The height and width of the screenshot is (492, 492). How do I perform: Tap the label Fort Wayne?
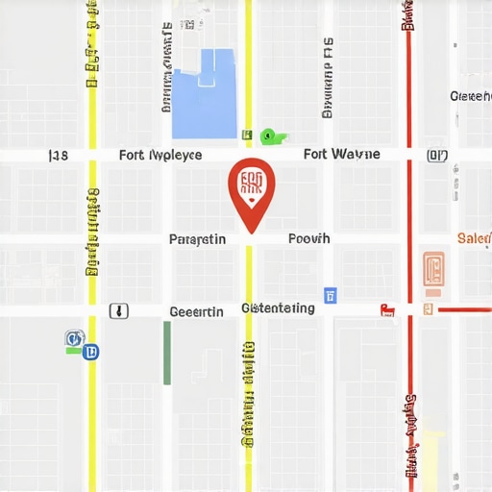[x=341, y=154]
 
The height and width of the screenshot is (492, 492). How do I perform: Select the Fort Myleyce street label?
[x=160, y=155]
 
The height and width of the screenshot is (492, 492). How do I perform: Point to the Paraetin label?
[x=197, y=239]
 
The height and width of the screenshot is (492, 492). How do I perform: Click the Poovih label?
[x=308, y=238]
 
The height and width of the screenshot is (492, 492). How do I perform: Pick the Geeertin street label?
[x=196, y=311]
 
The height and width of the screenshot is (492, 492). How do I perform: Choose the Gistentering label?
[x=279, y=308]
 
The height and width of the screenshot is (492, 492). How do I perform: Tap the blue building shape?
[x=204, y=94]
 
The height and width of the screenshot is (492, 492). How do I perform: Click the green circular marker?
[x=268, y=135]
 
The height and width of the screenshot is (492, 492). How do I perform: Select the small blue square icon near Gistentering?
[x=331, y=295]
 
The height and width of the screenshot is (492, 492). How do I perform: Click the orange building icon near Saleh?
[x=433, y=272]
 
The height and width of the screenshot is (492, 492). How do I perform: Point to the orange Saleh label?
[x=474, y=238]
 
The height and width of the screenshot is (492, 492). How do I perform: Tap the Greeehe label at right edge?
[x=471, y=96]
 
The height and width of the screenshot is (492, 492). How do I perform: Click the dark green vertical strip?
[x=167, y=353]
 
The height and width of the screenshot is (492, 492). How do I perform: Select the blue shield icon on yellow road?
[x=92, y=353]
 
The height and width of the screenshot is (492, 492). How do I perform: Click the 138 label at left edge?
[x=58, y=155]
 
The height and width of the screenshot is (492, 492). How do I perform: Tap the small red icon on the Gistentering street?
[x=388, y=309]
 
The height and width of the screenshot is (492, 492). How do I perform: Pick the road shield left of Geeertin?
[x=118, y=310]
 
